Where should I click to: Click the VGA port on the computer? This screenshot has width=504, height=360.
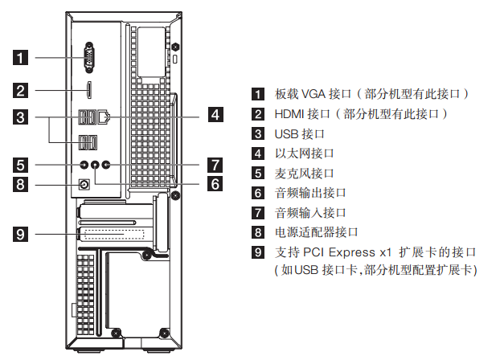[x=90, y=57]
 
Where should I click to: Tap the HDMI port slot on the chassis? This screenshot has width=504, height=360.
[x=90, y=88]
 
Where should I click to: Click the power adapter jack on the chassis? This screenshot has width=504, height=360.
[x=84, y=185]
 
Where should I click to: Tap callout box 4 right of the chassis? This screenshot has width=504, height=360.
[x=214, y=114]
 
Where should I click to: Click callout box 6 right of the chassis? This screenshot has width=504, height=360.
[x=214, y=184]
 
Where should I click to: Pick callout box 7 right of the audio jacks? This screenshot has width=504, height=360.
[x=214, y=165]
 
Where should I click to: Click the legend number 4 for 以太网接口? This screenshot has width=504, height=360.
[x=257, y=153]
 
